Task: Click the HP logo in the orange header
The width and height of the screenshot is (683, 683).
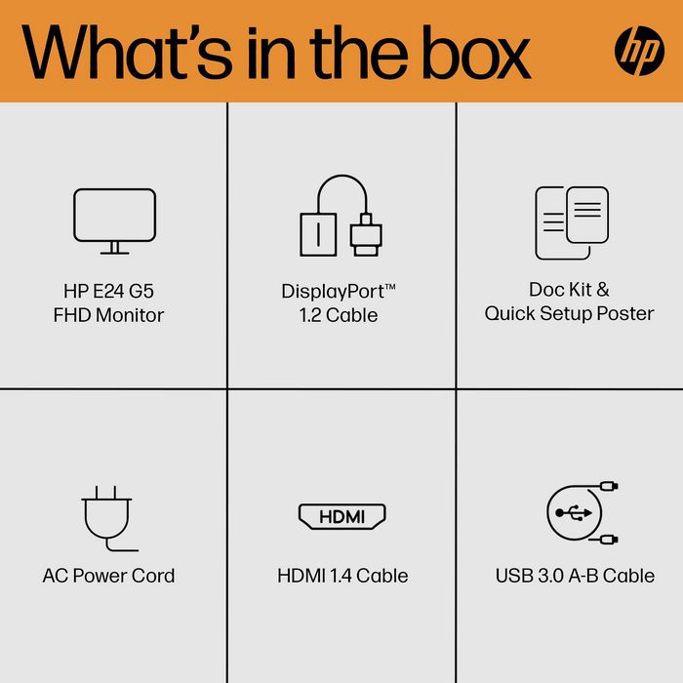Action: tap(639, 50)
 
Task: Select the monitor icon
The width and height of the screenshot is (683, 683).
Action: tap(114, 221)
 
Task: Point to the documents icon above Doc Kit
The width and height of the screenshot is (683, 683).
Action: tap(571, 222)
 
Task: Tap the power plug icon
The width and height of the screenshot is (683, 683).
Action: tap(108, 518)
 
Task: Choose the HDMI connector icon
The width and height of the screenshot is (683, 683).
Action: tap(341, 516)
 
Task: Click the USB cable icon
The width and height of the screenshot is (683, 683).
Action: tap(582, 513)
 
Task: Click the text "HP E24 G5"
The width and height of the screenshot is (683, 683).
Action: tap(108, 290)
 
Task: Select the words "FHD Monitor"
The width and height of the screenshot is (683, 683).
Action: tap(108, 315)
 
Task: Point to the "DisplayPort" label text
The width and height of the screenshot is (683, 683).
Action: tap(338, 291)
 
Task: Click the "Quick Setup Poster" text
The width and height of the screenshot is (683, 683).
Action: tap(569, 314)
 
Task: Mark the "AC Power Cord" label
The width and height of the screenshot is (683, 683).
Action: tap(108, 576)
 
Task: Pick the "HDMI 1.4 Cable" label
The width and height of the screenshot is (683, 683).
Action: tap(342, 576)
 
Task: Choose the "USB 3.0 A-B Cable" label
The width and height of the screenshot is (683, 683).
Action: tap(575, 576)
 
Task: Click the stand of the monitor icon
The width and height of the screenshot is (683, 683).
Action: tap(114, 249)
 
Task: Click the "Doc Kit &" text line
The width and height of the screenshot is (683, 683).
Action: tap(569, 290)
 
